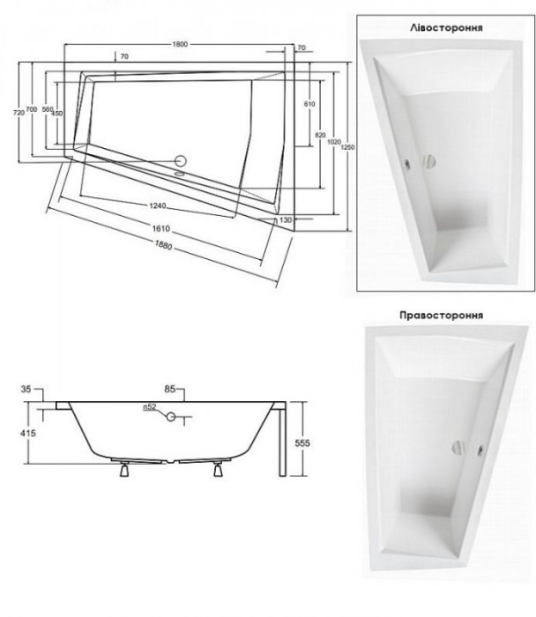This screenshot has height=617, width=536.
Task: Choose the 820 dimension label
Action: (x=320, y=132)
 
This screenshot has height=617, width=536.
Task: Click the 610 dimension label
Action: (x=309, y=104)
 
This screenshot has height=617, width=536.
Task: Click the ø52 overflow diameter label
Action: (x=150, y=406)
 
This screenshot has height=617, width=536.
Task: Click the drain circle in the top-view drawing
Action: (x=181, y=161)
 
